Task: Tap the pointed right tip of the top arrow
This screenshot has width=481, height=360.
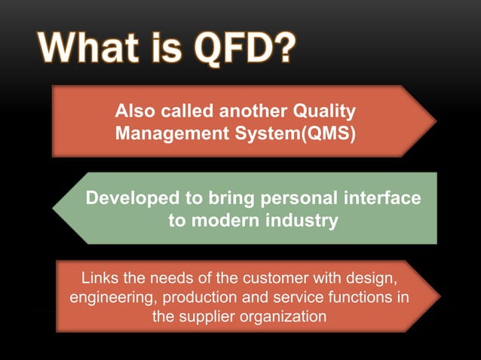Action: pos(435,121)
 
